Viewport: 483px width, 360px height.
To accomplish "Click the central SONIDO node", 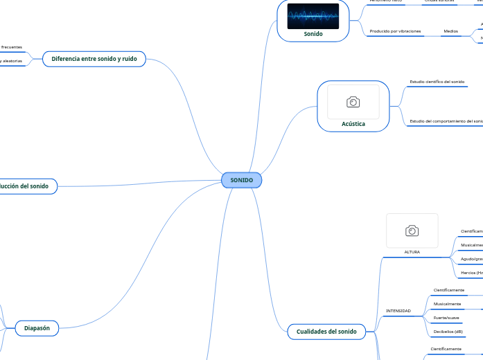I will (241, 180).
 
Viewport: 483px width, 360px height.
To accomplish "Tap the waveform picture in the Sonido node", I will (313, 17).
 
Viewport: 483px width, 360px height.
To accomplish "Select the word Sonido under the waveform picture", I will (313, 33).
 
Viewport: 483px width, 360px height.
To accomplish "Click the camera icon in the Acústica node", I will (353, 102).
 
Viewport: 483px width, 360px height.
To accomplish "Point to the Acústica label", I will (353, 124).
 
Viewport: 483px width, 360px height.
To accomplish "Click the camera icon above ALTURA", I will (412, 231).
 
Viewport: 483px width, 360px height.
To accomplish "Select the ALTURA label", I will (412, 252).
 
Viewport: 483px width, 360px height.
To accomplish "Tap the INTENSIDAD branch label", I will (398, 311).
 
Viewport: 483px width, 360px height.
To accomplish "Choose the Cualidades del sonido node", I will (326, 332).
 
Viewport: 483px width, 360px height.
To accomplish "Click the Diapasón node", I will (37, 328).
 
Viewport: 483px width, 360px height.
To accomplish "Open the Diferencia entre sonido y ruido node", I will (94, 59).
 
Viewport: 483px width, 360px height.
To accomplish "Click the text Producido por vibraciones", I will (395, 31).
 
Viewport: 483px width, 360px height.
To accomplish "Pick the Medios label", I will (450, 31).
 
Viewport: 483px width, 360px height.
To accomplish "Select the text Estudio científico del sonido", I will (437, 82).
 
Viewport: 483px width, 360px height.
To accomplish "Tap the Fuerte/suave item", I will (446, 317).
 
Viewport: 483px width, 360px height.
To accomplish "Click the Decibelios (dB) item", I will (448, 331).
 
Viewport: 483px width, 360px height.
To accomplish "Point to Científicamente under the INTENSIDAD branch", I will (449, 290).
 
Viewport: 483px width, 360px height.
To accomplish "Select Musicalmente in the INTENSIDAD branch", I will (447, 304).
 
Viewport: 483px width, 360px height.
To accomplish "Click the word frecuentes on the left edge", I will (11, 47).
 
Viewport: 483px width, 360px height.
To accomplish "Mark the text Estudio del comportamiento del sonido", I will (446, 121).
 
